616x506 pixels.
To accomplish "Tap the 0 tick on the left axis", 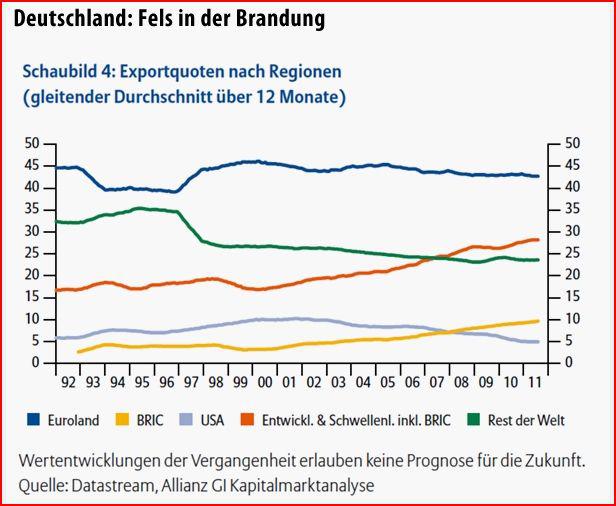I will (36, 362).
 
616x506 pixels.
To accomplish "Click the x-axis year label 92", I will (68, 382).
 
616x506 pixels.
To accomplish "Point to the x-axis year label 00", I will (264, 382).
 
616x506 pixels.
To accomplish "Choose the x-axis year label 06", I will (411, 382).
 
